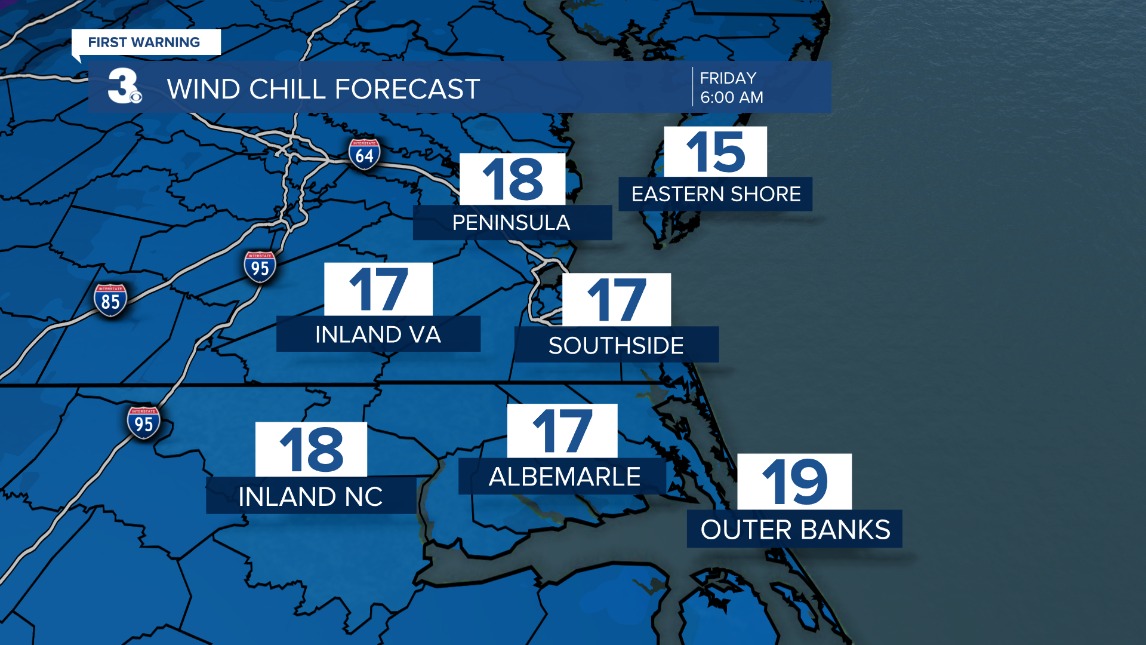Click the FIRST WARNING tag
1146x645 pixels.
[x=144, y=42]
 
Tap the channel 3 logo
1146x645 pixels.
[x=124, y=87]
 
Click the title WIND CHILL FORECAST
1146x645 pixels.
[x=323, y=89]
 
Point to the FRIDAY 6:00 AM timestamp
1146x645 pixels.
[x=731, y=87]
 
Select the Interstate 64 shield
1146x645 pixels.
[x=364, y=154]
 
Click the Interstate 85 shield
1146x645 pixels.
[x=110, y=300]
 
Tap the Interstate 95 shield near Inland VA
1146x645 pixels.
[x=260, y=267]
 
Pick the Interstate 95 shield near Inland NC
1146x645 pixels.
[x=143, y=423]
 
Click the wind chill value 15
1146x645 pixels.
[x=715, y=152]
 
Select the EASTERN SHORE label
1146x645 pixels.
[x=716, y=194]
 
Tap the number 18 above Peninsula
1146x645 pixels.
[x=512, y=179]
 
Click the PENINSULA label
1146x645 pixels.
[x=512, y=223]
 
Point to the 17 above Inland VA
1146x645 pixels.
[x=378, y=290]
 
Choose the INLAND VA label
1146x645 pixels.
[x=378, y=334]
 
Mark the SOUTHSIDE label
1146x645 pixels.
[x=616, y=345]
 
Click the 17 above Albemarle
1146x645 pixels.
[x=562, y=431]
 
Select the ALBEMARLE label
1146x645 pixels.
[x=564, y=477]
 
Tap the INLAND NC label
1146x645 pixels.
[x=310, y=496]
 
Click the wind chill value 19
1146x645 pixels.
[x=794, y=481]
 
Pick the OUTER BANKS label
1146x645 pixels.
[x=794, y=529]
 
